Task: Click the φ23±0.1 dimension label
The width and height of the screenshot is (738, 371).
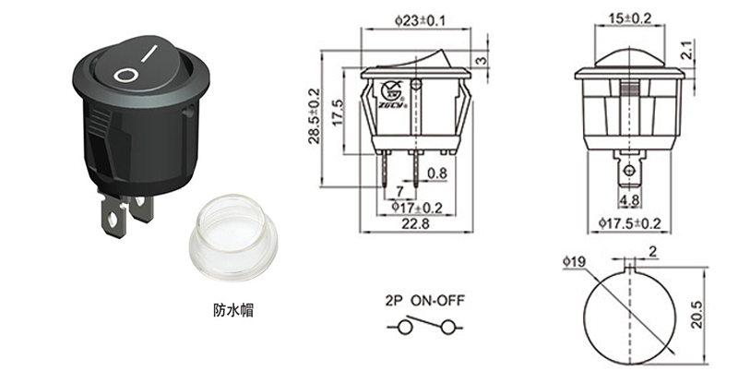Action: pos(417,19)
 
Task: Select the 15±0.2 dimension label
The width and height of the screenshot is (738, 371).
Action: pos(630,18)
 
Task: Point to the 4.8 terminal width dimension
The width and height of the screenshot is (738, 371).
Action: pos(630,199)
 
